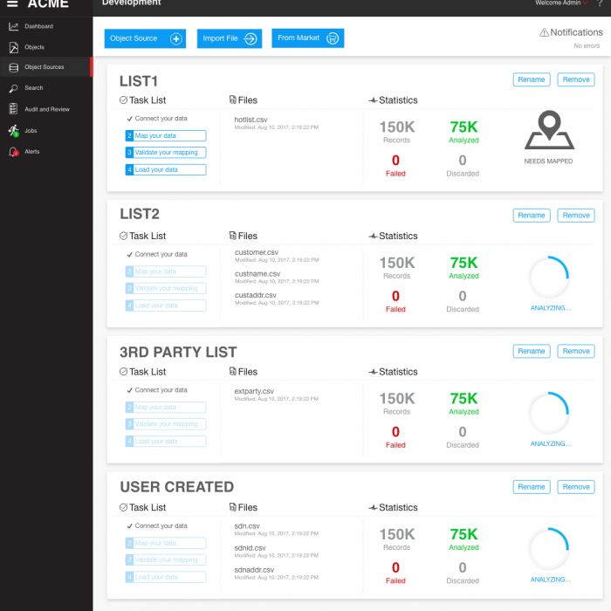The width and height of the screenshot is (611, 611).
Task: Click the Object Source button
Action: (x=145, y=38)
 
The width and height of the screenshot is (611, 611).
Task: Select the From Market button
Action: (x=308, y=38)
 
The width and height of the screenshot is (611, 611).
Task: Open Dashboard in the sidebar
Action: (x=38, y=26)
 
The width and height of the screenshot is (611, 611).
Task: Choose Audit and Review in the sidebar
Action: (x=46, y=109)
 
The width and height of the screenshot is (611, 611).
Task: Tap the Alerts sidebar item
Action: (x=31, y=152)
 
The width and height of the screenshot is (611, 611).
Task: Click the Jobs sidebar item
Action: (x=31, y=131)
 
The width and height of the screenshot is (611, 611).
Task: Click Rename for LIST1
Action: (x=531, y=79)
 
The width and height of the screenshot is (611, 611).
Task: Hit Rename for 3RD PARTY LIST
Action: (x=531, y=351)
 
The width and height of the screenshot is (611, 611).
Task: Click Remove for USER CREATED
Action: (x=576, y=487)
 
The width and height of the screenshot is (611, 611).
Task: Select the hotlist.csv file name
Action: (x=251, y=119)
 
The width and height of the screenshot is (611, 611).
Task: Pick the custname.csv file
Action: (x=257, y=274)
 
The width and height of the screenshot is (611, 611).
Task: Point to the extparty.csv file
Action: (x=254, y=390)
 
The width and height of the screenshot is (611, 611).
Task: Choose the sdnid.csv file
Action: (x=251, y=548)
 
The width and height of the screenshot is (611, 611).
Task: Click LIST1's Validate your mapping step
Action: (x=166, y=153)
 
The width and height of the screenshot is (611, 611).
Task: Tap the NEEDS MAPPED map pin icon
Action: (x=548, y=132)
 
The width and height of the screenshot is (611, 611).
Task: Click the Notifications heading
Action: (x=576, y=32)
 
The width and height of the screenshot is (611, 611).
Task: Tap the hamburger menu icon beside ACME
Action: (x=12, y=3)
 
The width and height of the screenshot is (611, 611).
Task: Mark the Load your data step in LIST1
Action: (x=166, y=169)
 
